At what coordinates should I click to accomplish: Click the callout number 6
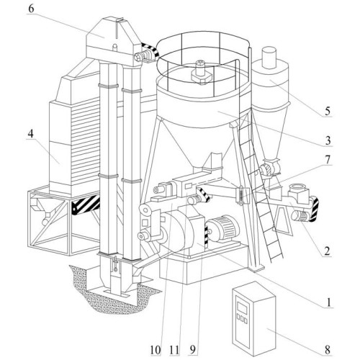point(31,9)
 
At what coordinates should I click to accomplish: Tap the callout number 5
point(328,111)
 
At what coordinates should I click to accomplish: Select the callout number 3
point(328,140)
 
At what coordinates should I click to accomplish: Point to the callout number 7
point(328,160)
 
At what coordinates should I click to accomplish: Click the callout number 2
point(327,251)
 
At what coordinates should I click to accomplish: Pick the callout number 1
point(329,302)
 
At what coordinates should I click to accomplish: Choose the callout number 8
point(328,350)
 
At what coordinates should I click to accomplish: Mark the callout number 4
point(30,134)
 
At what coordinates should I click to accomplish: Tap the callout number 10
point(156,350)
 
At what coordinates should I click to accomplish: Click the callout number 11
point(174,350)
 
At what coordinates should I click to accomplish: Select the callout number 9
point(193,350)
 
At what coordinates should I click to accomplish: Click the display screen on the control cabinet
point(242,307)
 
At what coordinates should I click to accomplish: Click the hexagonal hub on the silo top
point(202,77)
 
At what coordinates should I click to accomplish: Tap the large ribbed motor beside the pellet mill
point(224,228)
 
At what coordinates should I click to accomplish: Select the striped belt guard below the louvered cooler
point(86,204)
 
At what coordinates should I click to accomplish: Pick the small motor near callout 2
point(300,215)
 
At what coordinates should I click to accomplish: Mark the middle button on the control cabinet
point(242,319)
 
